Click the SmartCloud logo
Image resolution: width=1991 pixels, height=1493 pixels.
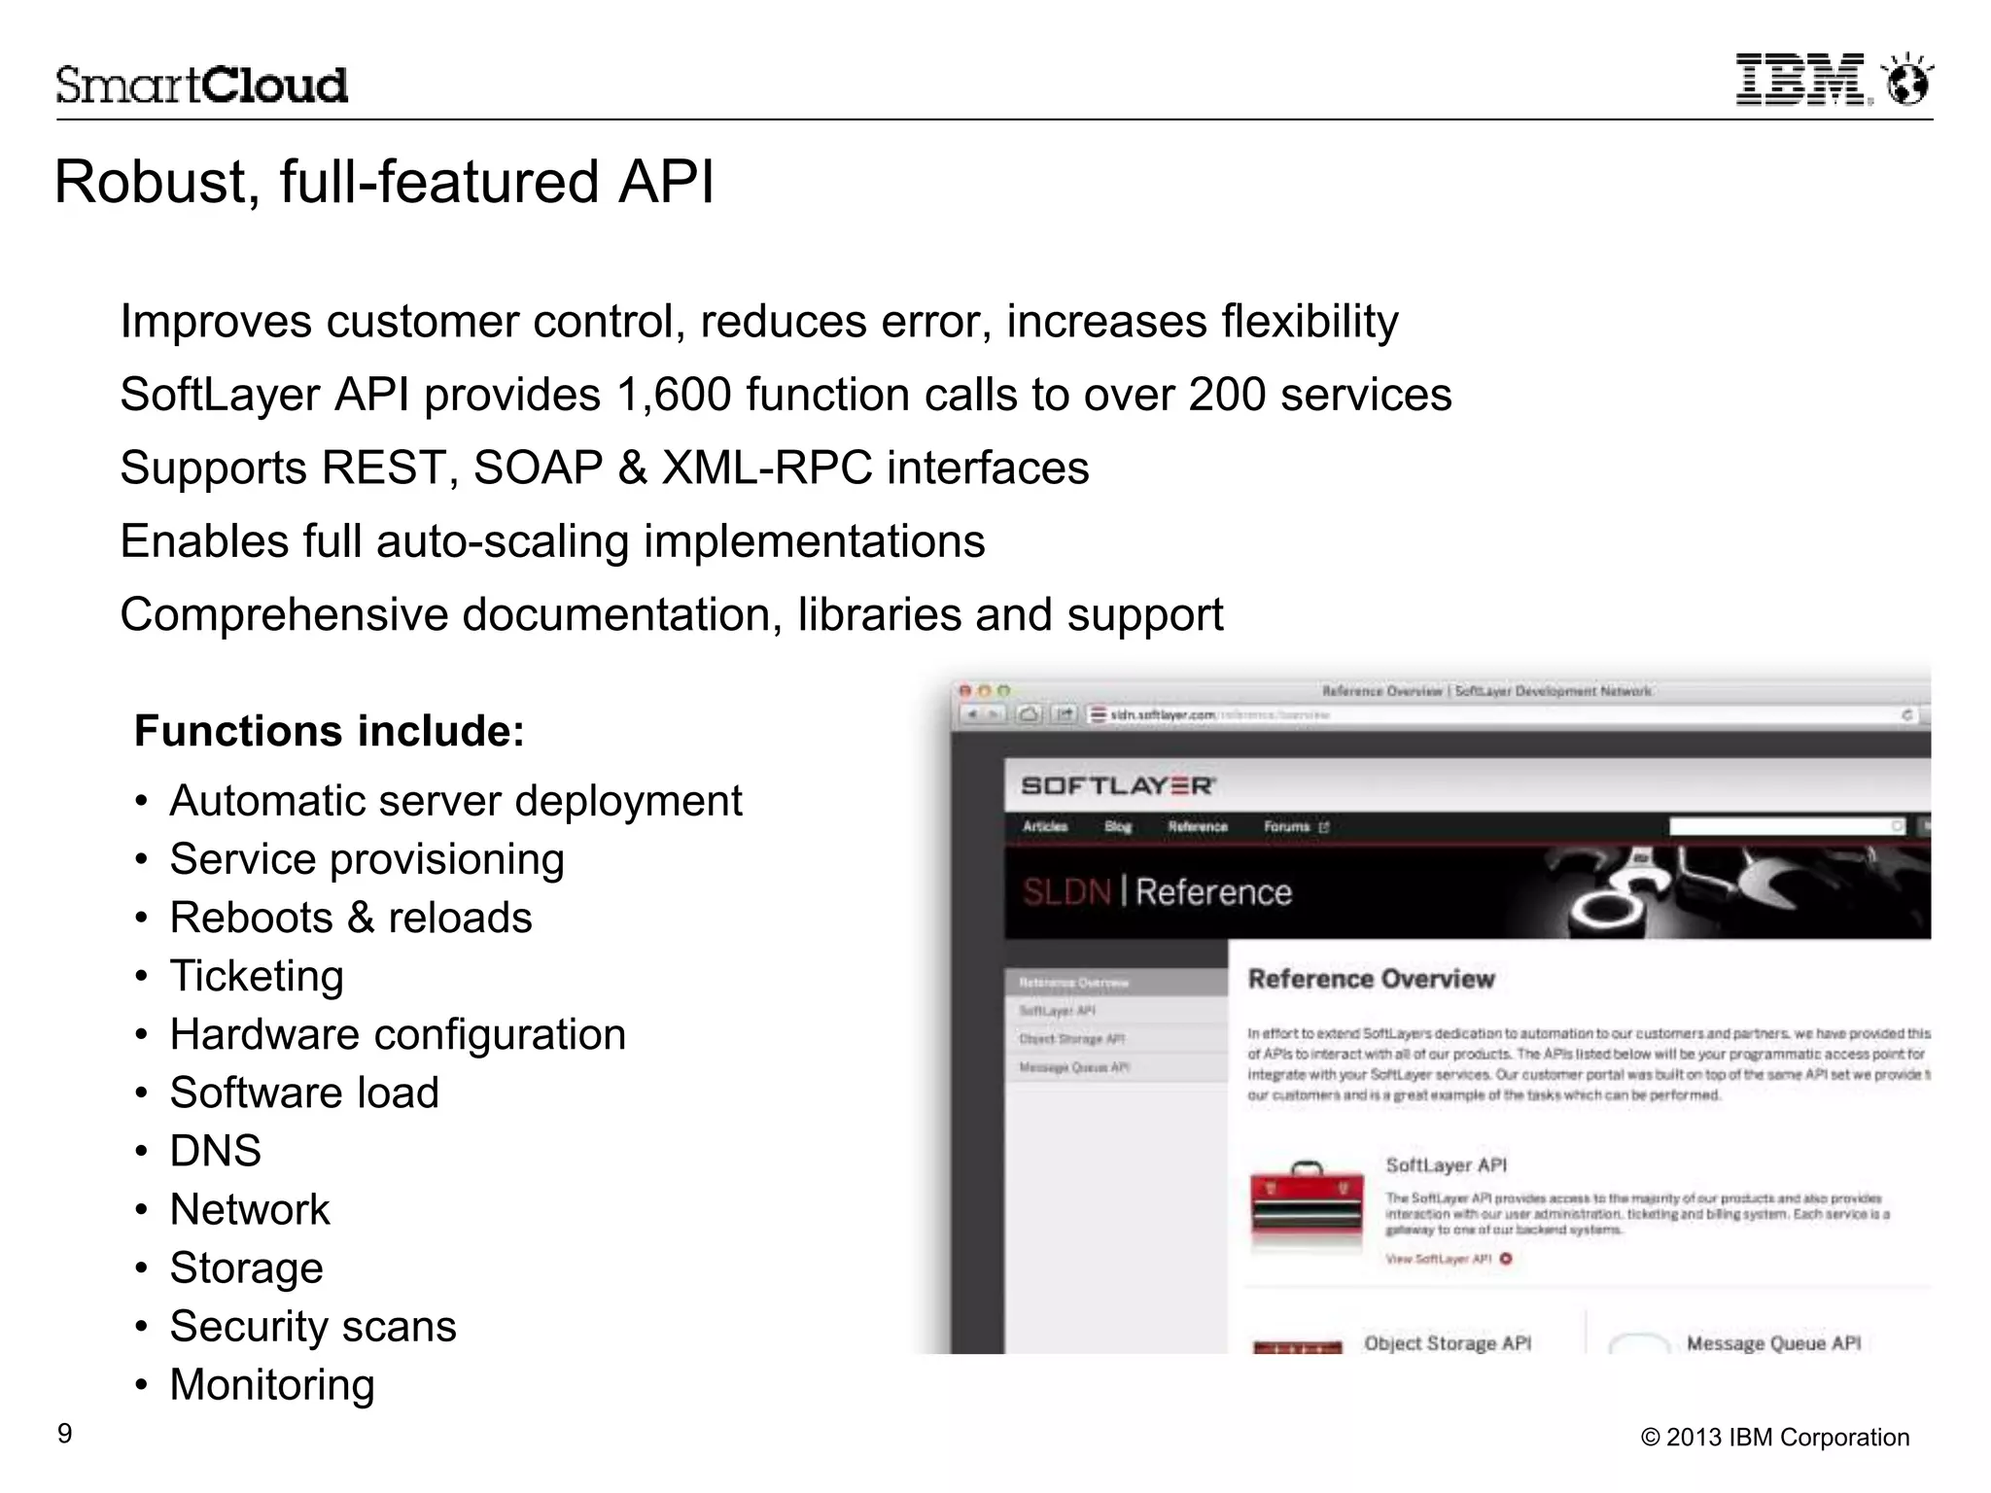coord(201,86)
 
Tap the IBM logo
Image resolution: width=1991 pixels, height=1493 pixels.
coord(1801,80)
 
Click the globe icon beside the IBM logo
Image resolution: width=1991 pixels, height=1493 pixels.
coord(1907,80)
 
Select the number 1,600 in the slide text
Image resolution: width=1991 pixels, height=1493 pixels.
coord(673,396)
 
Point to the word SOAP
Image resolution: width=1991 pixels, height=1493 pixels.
coord(538,469)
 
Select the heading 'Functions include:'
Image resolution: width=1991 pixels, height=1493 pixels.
coord(329,731)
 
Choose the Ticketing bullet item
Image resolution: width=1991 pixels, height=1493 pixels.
coord(257,976)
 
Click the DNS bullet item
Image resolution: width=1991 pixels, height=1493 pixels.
coord(215,1151)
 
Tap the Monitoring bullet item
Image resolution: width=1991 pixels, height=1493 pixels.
coord(272,1384)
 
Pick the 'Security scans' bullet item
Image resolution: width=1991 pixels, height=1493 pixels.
coord(313,1326)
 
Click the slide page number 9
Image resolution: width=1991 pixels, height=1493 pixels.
coord(65,1434)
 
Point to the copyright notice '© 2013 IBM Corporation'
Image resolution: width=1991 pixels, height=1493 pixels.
coord(1774,1438)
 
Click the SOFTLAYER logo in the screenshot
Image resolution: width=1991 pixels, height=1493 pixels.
coord(1118,785)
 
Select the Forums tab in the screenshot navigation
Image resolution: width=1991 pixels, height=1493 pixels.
coord(1287,826)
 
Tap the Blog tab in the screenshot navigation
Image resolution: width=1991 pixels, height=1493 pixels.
coord(1118,826)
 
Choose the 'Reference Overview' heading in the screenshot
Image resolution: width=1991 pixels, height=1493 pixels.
coord(1371,979)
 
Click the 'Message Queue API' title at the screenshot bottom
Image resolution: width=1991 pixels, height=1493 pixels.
coord(1773,1343)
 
